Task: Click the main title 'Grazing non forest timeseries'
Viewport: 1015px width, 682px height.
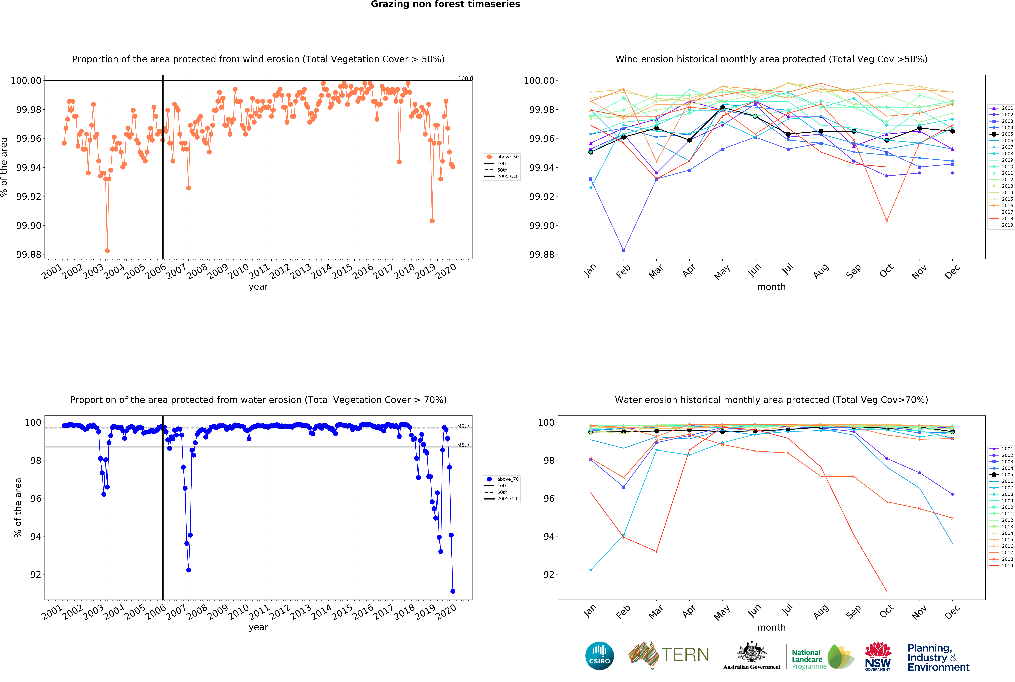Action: (445, 4)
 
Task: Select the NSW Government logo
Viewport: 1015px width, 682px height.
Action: (878, 656)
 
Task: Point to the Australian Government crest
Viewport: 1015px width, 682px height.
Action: (751, 652)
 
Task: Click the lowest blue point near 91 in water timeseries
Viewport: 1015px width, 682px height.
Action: (453, 591)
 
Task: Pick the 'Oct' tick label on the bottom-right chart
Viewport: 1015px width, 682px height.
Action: (886, 611)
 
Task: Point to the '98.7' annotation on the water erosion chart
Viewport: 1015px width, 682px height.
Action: (464, 445)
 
